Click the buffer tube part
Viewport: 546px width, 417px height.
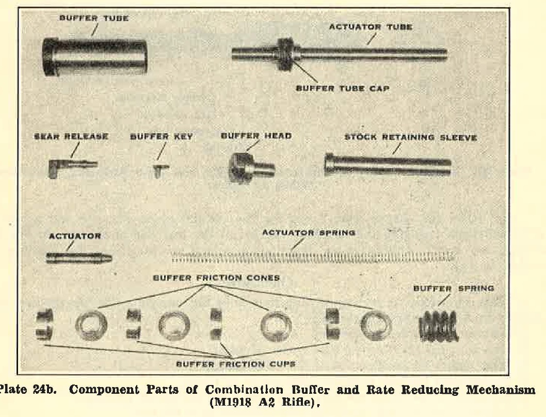click(95, 57)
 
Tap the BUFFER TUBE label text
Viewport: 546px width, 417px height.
click(94, 18)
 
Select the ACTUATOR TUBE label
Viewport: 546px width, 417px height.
click(370, 27)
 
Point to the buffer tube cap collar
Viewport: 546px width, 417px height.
click(284, 54)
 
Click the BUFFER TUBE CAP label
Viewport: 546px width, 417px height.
click(342, 88)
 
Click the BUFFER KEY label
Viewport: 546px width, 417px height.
click(162, 137)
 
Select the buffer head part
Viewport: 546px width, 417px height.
click(250, 166)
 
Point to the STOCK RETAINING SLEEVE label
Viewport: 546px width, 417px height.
click(411, 138)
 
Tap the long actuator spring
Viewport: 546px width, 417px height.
click(313, 255)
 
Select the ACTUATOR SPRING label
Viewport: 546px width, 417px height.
click(309, 233)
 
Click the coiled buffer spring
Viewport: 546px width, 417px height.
click(439, 326)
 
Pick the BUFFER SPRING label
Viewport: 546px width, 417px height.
click(453, 288)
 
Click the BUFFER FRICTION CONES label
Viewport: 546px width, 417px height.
click(216, 278)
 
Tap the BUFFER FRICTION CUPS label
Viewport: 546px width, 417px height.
click(236, 363)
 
